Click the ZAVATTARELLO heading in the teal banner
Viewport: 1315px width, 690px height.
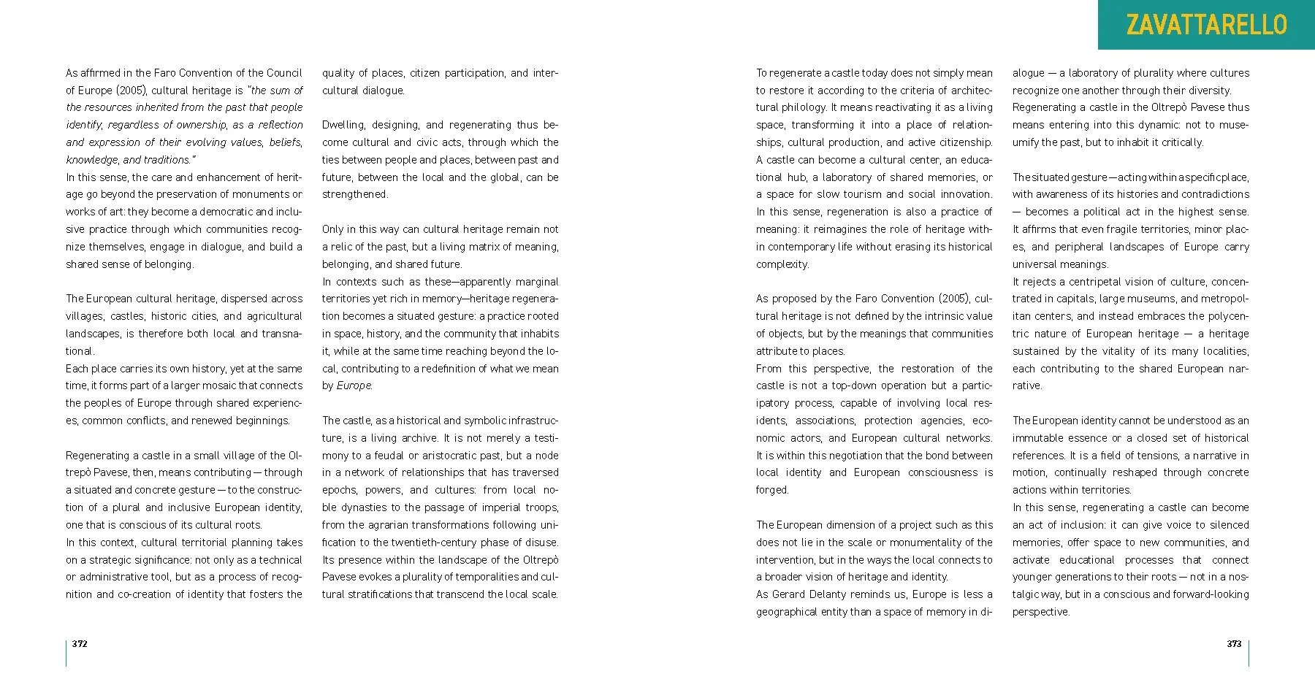[x=1206, y=25]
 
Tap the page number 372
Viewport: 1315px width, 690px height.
[x=80, y=643]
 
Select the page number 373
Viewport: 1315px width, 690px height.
[x=1234, y=643]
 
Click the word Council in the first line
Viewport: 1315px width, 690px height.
[x=284, y=73]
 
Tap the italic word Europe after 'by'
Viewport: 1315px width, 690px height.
[x=354, y=386]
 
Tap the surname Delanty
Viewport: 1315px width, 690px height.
[x=839, y=594]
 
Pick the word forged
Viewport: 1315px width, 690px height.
[x=772, y=490]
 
